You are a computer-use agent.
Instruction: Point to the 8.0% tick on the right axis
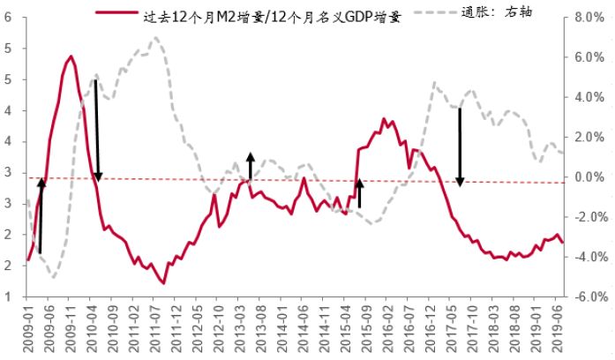tap(586, 18)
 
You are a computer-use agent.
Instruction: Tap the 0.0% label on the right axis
tap(586, 177)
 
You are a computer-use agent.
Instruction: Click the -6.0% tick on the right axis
tap(584, 297)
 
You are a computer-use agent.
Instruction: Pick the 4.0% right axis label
tap(586, 97)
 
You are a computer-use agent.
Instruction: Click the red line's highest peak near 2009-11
tap(71, 56)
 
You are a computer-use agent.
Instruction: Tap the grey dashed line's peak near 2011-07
tap(155, 38)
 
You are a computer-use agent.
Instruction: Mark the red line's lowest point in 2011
tap(162, 282)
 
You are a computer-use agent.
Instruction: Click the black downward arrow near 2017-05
tap(460, 146)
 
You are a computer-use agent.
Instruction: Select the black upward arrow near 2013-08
tap(250, 166)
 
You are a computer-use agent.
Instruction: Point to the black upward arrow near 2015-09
tap(359, 193)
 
